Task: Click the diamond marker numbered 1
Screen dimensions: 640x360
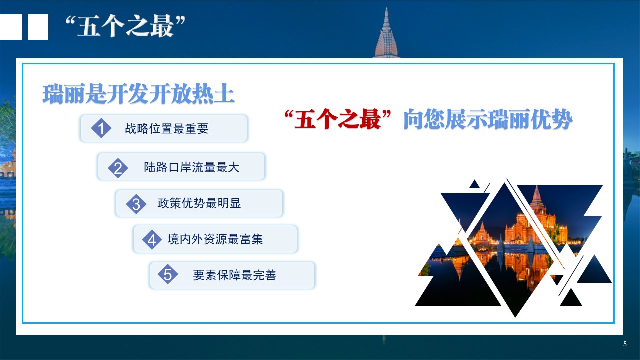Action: click(101, 128)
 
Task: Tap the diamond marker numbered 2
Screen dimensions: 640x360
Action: click(118, 168)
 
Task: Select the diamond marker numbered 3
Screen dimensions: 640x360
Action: click(136, 204)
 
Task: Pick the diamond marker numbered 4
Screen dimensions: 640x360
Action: click(152, 240)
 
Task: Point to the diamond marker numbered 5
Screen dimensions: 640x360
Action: click(168, 274)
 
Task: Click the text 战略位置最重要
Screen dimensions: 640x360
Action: click(167, 129)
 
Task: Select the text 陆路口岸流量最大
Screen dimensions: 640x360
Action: click(191, 167)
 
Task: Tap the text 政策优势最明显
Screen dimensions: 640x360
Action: click(199, 203)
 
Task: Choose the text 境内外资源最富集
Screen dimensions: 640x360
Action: click(215, 239)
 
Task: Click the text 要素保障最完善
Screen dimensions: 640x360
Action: click(235, 275)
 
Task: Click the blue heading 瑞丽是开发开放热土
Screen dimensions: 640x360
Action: click(139, 94)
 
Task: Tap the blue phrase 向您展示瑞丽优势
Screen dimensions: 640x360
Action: click(488, 119)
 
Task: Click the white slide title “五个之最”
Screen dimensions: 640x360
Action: click(125, 26)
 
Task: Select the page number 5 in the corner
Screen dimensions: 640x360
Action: click(625, 344)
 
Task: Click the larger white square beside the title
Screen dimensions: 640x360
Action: click(38, 27)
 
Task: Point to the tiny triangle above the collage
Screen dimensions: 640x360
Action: click(474, 184)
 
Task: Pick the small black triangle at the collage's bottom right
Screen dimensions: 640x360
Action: click(571, 298)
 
